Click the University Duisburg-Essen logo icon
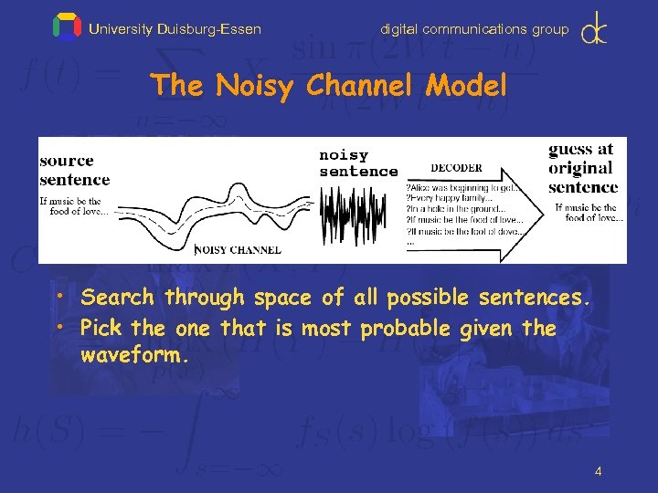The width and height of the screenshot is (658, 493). click(67, 27)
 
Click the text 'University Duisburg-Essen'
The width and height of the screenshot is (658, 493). click(175, 29)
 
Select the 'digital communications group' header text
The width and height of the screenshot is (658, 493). click(474, 29)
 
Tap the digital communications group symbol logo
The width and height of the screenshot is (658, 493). click(595, 27)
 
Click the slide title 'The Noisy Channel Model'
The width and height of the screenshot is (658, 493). click(329, 86)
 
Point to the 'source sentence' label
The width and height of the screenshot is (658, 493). click(74, 170)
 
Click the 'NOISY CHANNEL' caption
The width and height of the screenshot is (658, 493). click(239, 249)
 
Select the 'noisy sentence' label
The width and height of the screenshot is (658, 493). click(357, 163)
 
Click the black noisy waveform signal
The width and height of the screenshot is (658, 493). click(357, 215)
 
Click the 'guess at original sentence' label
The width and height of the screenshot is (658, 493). click(582, 168)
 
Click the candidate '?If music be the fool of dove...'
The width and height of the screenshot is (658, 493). click(464, 231)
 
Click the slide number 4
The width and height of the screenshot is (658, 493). click(598, 471)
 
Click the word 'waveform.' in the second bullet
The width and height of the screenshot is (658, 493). click(135, 355)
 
